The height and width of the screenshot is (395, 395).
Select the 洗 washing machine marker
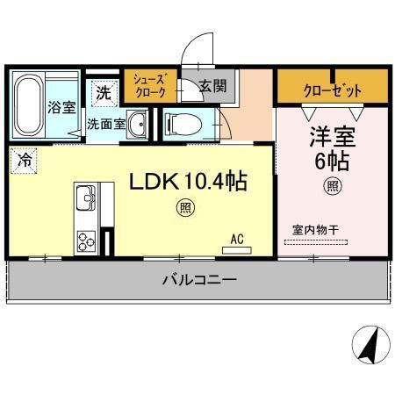click(x=103, y=91)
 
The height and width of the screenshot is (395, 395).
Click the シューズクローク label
click(x=148, y=85)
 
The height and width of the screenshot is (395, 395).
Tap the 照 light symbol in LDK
click(x=185, y=207)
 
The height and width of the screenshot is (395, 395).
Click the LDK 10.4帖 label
click(x=187, y=182)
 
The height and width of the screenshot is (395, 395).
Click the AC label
click(x=237, y=238)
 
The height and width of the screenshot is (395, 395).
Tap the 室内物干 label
click(x=316, y=231)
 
